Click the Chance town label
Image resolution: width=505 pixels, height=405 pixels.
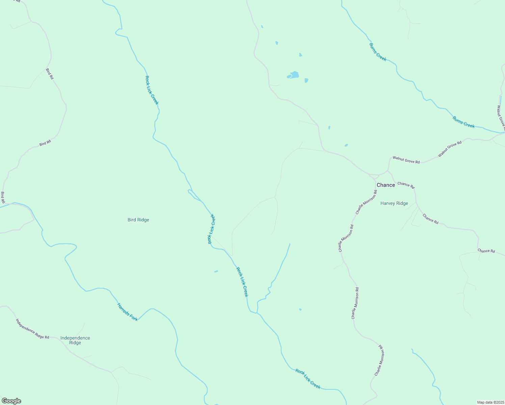(x=386, y=185)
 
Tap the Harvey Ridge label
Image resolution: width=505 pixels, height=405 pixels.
(x=394, y=204)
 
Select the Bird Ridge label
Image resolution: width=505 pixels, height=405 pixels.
(x=138, y=220)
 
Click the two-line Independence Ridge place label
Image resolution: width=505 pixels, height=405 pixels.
(x=75, y=340)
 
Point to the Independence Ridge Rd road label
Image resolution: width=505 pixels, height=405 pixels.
(x=32, y=328)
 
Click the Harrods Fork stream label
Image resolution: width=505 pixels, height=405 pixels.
(x=127, y=312)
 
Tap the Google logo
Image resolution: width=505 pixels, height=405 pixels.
(x=11, y=401)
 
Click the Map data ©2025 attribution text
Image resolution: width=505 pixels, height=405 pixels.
(x=490, y=402)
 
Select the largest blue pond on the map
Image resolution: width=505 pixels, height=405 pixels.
(x=294, y=75)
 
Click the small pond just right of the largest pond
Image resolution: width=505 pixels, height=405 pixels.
(x=306, y=80)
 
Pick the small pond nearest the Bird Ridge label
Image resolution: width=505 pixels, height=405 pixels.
(x=216, y=271)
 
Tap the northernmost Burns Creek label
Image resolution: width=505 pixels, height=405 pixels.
(x=378, y=52)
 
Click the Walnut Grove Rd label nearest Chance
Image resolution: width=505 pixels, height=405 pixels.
(x=406, y=160)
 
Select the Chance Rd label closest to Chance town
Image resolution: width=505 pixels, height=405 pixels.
(x=406, y=185)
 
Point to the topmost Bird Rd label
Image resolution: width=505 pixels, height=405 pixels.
(x=50, y=74)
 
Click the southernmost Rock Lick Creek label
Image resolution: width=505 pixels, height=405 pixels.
(x=308, y=379)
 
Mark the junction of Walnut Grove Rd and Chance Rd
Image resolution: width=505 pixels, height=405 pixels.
(x=388, y=171)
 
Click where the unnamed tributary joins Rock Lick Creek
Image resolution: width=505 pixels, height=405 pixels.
(x=257, y=313)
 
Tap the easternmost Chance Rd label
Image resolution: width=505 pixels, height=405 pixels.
(x=486, y=251)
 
